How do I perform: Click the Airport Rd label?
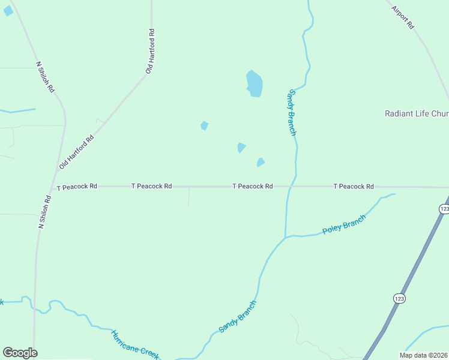pos(403,18)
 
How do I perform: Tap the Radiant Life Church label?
pos(416,113)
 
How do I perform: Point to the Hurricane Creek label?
pos(135,344)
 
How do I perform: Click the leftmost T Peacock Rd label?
pos(77,187)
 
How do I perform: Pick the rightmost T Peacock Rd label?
pos(354,187)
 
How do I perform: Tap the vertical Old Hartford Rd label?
pos(151,51)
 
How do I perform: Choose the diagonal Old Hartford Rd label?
pos(77,151)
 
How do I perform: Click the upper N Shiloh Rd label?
pos(45,76)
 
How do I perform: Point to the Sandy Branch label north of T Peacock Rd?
pos(292,112)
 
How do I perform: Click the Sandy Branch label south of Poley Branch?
pos(237,316)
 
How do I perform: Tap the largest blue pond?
pos(255,83)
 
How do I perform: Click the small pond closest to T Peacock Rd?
pos(261,162)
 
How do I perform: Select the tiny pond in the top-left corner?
pos(8,11)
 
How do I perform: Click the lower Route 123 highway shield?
pos(399,298)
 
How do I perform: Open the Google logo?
pos(20,353)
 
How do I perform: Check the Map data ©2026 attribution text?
pos(424,355)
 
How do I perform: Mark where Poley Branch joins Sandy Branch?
pos(286,236)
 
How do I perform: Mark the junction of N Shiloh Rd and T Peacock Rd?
pos(53,187)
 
